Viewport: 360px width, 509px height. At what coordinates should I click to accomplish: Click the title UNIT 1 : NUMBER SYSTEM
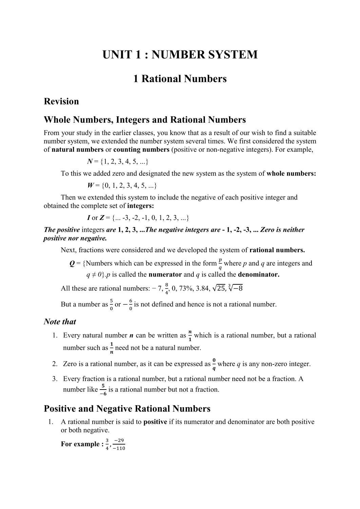180,55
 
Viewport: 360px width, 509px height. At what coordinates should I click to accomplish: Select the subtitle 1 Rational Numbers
180,79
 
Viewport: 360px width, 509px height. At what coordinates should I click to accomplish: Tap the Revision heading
61,101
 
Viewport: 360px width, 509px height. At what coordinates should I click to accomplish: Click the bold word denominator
259,275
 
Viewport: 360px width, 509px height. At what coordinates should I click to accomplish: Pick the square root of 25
219,288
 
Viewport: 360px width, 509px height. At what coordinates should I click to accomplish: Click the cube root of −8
235,288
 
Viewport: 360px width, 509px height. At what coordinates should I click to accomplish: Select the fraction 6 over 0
131,304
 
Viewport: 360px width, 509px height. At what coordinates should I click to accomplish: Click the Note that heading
60,322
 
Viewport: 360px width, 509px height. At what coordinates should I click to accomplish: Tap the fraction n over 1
190,336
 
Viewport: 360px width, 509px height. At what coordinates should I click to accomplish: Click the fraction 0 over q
214,364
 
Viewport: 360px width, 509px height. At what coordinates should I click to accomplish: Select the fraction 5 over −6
103,390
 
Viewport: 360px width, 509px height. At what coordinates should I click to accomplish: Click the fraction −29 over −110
119,444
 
